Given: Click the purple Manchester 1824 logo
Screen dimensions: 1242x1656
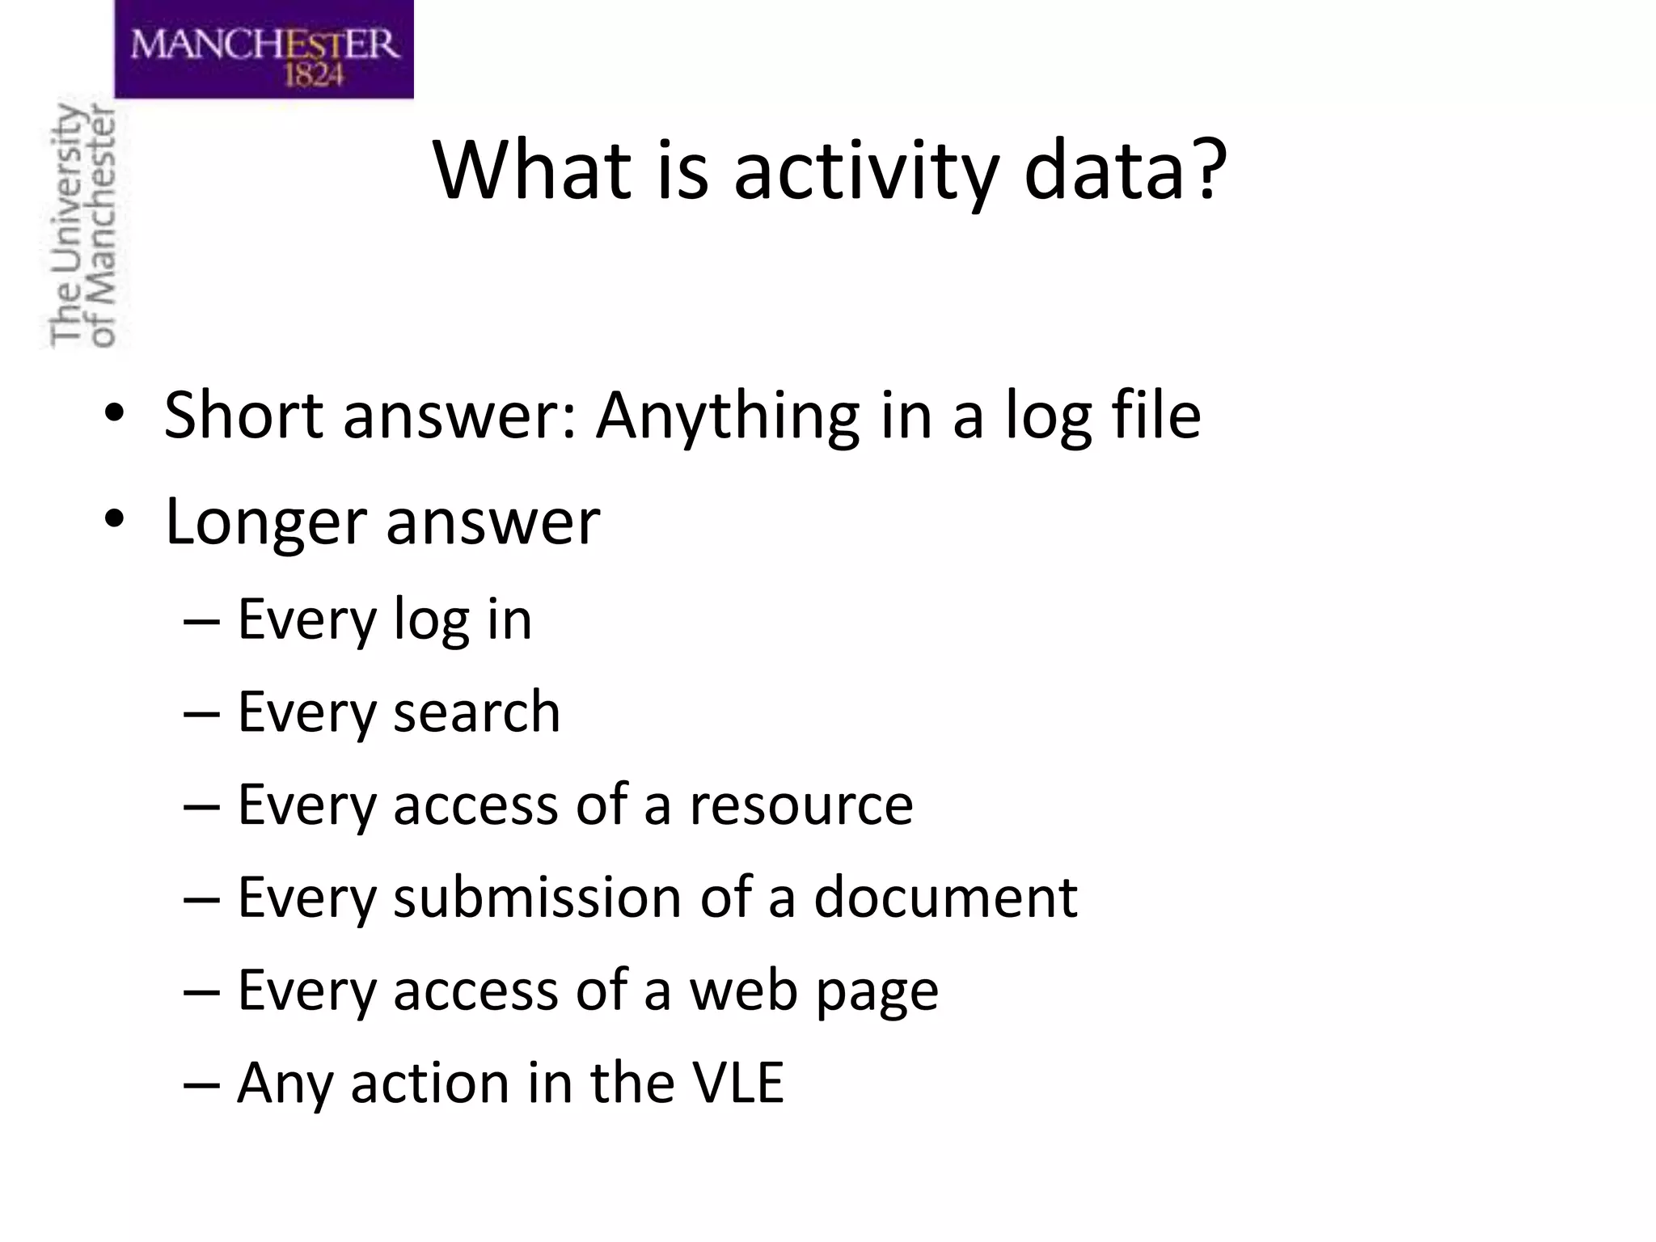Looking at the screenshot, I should [264, 49].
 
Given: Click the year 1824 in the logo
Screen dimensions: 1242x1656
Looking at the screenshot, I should [315, 75].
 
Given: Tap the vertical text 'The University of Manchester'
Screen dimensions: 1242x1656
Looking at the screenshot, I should [82, 226].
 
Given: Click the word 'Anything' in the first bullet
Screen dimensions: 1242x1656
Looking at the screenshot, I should [728, 416].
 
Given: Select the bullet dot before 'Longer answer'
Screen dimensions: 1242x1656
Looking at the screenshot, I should [114, 518].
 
